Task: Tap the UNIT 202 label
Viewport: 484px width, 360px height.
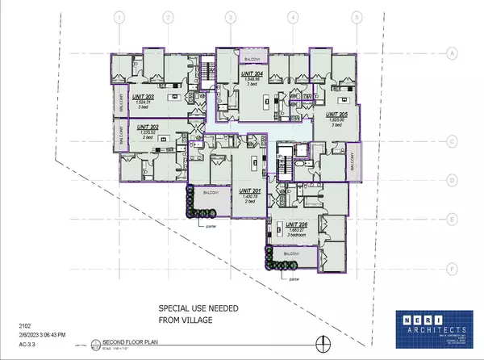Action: click(x=146, y=126)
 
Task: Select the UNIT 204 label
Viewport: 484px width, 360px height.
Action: click(x=252, y=75)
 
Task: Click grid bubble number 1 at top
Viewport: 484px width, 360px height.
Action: click(x=119, y=17)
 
